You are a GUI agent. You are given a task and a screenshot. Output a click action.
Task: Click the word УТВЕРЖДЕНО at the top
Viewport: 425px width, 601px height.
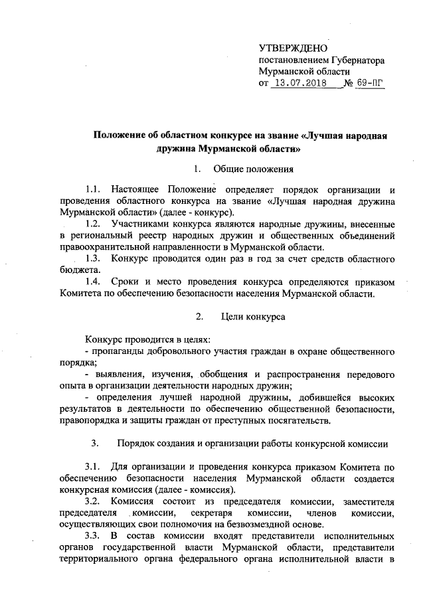coord(293,48)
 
